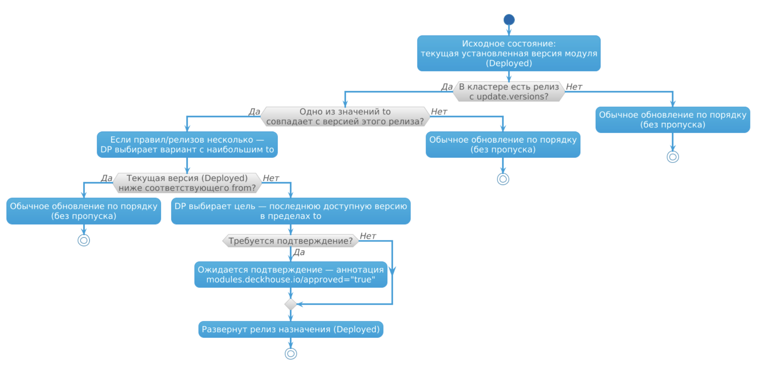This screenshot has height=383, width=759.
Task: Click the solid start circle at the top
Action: coord(509,20)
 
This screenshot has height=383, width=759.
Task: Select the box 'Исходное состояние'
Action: coord(509,53)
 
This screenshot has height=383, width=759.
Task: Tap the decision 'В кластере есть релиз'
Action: coord(509,91)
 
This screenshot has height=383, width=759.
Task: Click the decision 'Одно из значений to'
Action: coord(345,116)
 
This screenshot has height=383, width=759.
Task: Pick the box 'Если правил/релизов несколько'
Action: coord(187,145)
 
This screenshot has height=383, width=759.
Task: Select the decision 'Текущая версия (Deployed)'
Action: coord(187,183)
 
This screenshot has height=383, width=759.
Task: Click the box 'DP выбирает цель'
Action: coord(291,211)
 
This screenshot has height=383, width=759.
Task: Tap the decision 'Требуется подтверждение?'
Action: coord(291,241)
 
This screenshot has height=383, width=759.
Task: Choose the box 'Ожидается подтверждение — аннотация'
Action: coord(291,274)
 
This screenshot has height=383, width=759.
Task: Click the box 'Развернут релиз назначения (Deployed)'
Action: coord(291,330)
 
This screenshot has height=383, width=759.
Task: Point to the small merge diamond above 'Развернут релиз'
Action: coord(291,304)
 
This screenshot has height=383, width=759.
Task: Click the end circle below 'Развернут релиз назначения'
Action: coord(291,354)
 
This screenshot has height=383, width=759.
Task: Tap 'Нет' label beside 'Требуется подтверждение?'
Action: coord(368,236)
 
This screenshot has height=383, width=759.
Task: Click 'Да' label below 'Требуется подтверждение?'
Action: coord(299,252)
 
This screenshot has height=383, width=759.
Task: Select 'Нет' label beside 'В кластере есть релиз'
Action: coord(574,87)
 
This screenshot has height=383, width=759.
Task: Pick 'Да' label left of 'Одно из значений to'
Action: coord(254,111)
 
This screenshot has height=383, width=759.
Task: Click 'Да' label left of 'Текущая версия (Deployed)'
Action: coord(107,178)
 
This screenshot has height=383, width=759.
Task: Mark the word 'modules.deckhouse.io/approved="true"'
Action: coord(291,280)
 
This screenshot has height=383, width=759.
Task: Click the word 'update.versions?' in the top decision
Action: coord(513,97)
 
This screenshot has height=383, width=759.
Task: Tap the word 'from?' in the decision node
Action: coord(243,188)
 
